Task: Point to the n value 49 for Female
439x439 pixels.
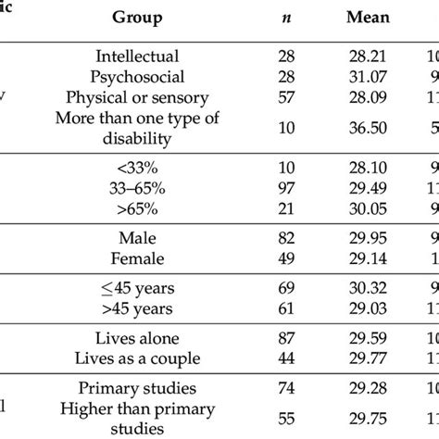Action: coord(284,259)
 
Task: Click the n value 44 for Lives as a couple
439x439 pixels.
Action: coord(284,359)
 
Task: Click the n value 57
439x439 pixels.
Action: coord(284,98)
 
